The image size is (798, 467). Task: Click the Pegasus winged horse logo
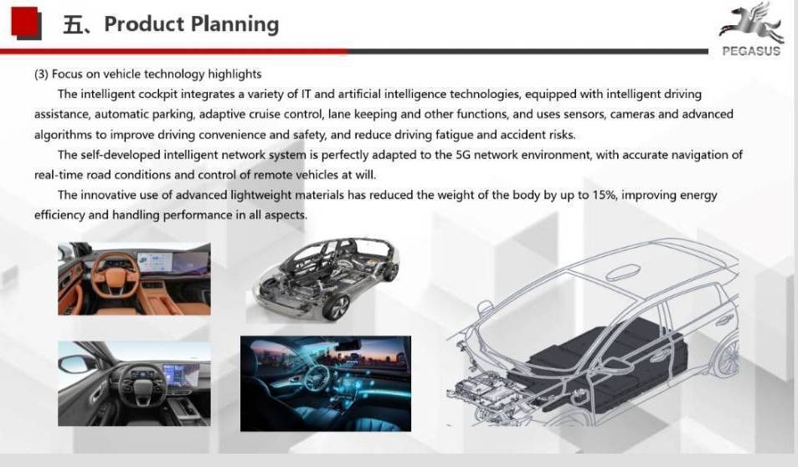coord(751,23)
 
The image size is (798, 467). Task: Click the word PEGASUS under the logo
coord(751,51)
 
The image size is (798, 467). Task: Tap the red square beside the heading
coord(25,23)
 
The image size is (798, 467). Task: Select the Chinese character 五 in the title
coord(74,24)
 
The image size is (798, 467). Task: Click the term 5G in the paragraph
coord(463,155)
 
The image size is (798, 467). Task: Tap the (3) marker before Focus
coord(41,74)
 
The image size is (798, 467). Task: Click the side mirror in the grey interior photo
coord(77,364)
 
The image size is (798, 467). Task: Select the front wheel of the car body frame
coord(335,307)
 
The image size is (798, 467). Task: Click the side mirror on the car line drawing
coord(484,307)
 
